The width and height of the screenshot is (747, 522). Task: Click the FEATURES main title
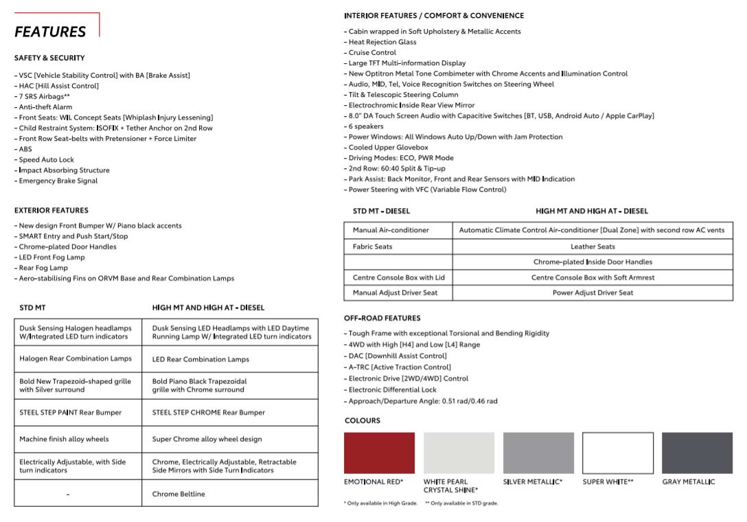(x=50, y=32)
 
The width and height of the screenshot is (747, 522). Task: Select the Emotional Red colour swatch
(x=379, y=453)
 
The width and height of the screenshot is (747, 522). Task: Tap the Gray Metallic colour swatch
(x=697, y=453)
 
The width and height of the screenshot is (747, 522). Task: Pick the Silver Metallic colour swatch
(x=538, y=453)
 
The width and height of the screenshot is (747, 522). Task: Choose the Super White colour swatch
(x=618, y=453)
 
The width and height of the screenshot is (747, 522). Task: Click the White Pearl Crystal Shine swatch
(x=459, y=453)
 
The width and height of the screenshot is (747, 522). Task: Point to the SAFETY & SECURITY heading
(x=49, y=58)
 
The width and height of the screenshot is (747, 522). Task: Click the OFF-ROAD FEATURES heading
(x=382, y=318)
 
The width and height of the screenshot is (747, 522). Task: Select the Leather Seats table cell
(x=593, y=247)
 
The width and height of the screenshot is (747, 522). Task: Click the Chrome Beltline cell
(x=179, y=494)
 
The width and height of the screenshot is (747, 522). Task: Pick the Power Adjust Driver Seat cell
(x=593, y=293)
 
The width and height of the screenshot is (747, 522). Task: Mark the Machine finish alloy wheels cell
(x=64, y=439)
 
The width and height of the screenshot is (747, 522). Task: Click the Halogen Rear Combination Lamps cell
(x=76, y=359)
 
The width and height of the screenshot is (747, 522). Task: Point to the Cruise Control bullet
(x=372, y=52)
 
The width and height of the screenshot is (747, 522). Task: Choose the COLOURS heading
(x=362, y=420)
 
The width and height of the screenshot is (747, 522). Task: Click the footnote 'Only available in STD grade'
(x=461, y=503)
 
